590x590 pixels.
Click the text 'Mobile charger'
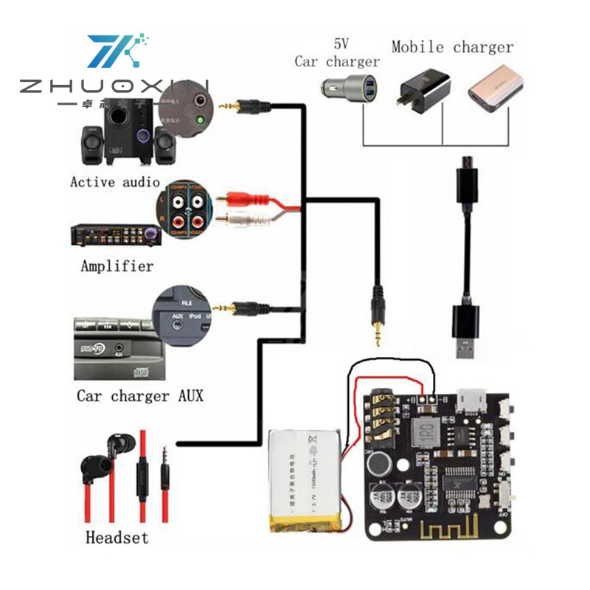point(452,47)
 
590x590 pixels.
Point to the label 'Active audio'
point(115,181)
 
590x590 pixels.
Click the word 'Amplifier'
point(117,265)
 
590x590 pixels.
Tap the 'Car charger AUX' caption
point(140,396)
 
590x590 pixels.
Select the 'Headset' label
point(117,537)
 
